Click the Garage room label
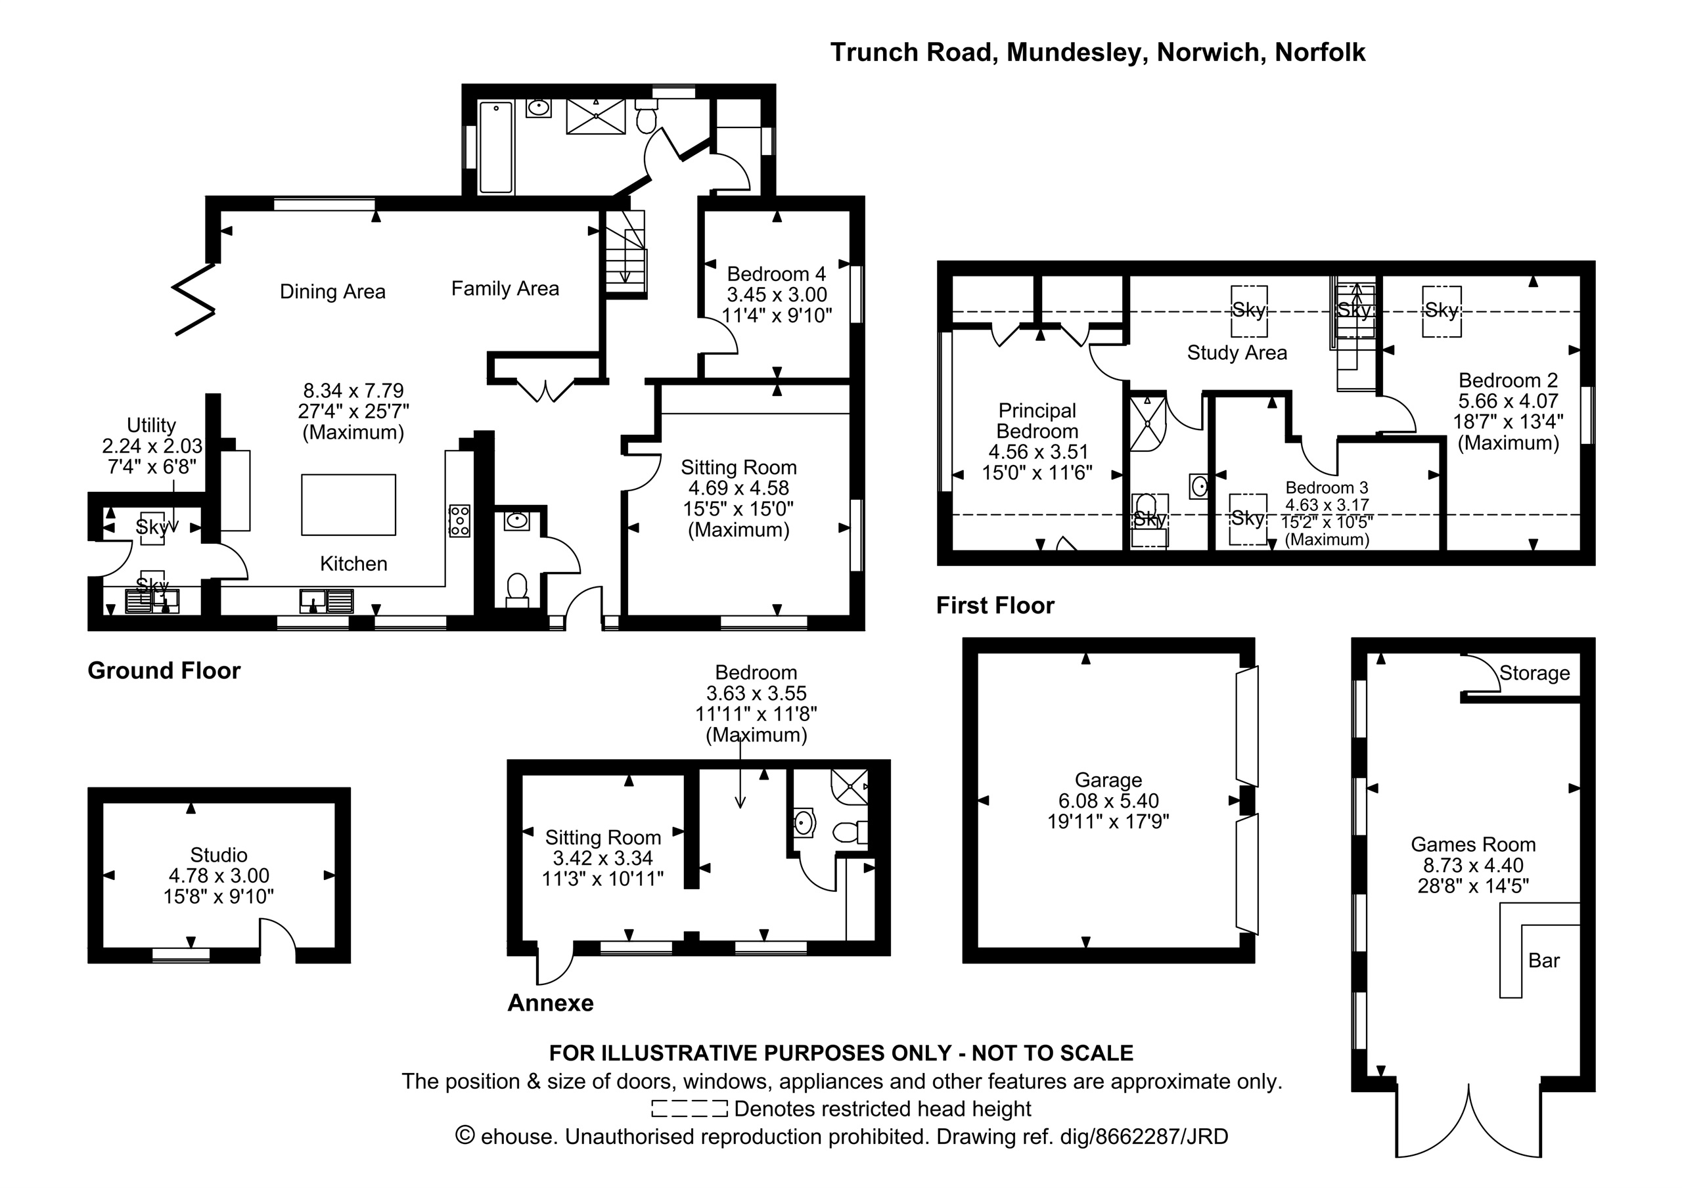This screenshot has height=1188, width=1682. tap(1108, 780)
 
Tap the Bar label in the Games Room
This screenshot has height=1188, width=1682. tap(1544, 960)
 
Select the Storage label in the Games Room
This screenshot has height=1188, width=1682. tap(1535, 673)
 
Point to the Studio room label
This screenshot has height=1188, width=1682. tap(219, 855)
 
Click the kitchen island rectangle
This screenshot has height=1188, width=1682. tap(349, 504)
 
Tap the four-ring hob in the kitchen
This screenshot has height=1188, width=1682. tap(459, 520)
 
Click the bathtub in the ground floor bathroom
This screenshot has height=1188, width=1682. tap(496, 147)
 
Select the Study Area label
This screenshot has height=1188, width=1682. tap(1237, 353)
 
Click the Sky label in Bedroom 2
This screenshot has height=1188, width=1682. tap(1442, 311)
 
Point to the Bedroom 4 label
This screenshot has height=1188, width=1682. tap(777, 274)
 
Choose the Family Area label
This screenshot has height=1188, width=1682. tap(505, 288)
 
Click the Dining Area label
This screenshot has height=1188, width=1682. tap(332, 292)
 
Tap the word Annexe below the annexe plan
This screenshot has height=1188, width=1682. tap(551, 1003)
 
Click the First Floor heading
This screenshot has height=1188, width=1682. tap(995, 605)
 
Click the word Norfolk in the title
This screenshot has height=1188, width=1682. tap(1320, 52)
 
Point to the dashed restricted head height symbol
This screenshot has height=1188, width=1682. tap(689, 1109)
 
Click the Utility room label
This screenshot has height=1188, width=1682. tap(152, 425)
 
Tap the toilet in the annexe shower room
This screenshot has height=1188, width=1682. tap(850, 832)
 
